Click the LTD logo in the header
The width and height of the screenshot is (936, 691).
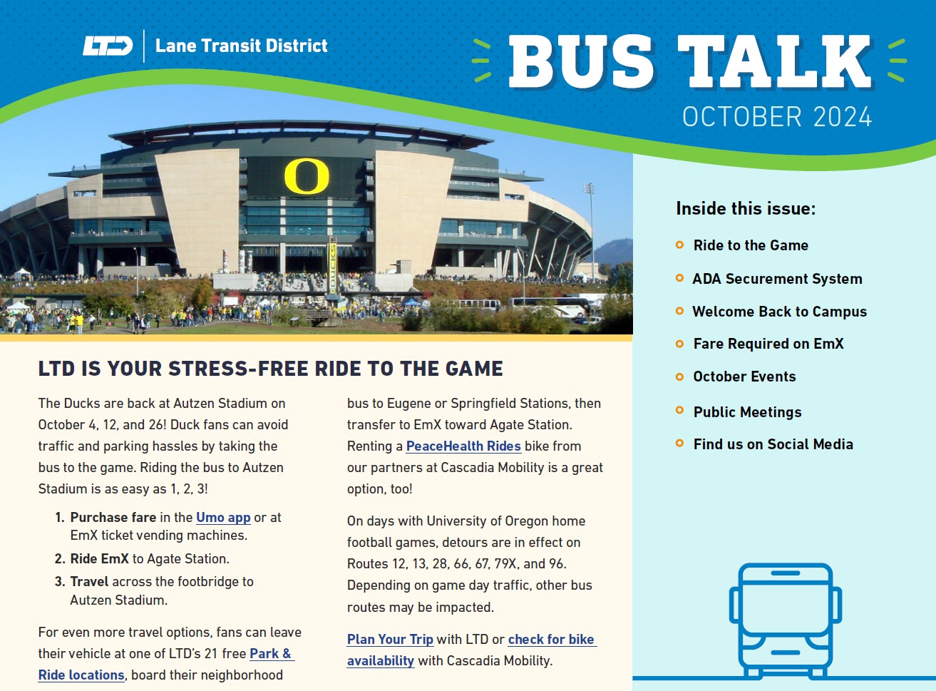coord(108,46)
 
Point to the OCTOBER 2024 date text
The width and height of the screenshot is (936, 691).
coord(776,117)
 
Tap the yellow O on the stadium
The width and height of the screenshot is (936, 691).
coord(307,177)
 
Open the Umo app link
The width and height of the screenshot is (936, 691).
coord(223,518)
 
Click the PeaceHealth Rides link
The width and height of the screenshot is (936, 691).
coord(463,446)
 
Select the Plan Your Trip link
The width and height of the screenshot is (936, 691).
coord(390,640)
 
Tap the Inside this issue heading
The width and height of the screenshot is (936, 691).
coord(745,209)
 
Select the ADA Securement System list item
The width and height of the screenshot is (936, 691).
coord(777,279)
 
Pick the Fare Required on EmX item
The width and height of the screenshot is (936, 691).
coord(768,344)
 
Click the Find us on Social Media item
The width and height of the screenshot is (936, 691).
coord(773,444)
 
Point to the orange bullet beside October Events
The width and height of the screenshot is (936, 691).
coord(679,377)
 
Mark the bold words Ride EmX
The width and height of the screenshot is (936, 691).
coord(99,559)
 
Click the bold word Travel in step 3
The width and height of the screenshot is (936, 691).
coord(89,582)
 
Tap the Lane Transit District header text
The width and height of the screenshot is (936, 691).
coord(241,46)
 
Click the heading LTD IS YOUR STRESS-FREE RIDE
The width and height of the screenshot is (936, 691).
coord(270,369)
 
